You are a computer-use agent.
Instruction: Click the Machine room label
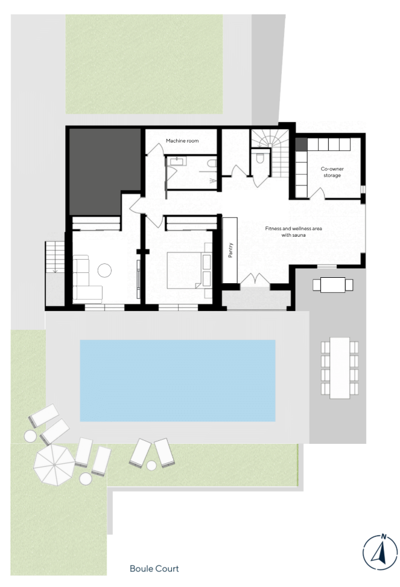click(182, 141)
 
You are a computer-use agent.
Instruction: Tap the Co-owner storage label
click(332, 172)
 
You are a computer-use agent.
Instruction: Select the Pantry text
click(230, 250)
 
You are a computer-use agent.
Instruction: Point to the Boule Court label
click(154, 569)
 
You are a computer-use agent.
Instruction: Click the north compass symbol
click(380, 553)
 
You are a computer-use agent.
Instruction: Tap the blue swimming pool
click(177, 380)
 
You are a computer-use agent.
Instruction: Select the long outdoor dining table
click(340, 368)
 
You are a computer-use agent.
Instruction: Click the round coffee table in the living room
click(104, 271)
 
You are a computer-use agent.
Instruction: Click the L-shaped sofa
click(87, 279)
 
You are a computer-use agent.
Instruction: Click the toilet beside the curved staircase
click(259, 158)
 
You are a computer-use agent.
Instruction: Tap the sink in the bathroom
click(176, 161)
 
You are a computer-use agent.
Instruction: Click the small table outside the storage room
click(332, 285)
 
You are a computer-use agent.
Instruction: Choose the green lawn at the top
click(144, 64)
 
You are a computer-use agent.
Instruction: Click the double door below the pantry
click(255, 280)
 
